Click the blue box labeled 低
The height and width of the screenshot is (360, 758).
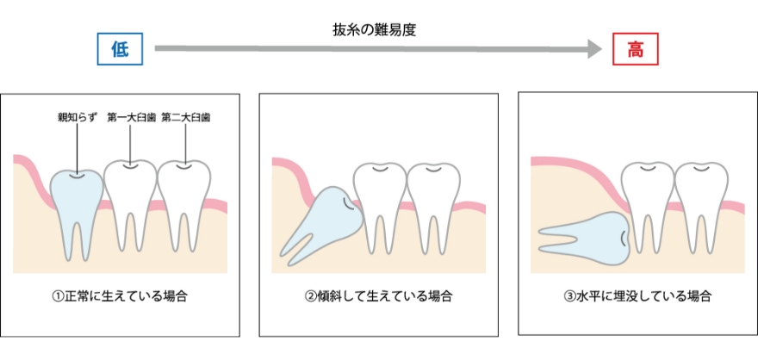(x=120, y=50)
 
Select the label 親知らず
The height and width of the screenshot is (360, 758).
(x=75, y=118)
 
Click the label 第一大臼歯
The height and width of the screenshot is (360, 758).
(x=130, y=118)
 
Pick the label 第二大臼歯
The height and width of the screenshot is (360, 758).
(x=185, y=118)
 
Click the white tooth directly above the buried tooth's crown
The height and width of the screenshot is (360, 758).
(x=647, y=194)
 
